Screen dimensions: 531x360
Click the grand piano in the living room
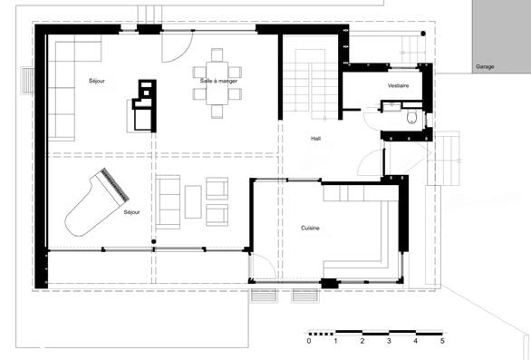(x=95, y=203)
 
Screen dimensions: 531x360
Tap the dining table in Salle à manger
(x=217, y=83)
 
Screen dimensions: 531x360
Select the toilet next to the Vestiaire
(x=411, y=117)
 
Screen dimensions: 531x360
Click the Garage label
(x=485, y=67)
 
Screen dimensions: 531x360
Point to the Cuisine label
(x=310, y=229)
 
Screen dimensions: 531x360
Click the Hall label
(x=315, y=139)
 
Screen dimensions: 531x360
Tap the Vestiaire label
(x=398, y=86)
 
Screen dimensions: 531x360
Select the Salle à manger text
(x=218, y=81)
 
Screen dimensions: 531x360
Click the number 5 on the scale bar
(x=442, y=341)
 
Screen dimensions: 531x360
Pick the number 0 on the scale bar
(x=308, y=341)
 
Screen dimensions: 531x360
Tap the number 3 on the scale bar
(x=389, y=341)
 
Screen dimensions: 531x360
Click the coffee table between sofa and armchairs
(x=193, y=201)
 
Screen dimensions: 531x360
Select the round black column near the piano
(x=154, y=242)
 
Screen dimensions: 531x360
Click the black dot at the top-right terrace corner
(x=423, y=34)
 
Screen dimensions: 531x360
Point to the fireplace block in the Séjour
(x=144, y=106)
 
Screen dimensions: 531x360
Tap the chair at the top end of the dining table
(x=217, y=54)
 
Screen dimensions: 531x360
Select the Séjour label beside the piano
(x=131, y=212)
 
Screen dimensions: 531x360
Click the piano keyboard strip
(x=115, y=184)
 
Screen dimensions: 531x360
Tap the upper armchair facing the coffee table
(x=217, y=188)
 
